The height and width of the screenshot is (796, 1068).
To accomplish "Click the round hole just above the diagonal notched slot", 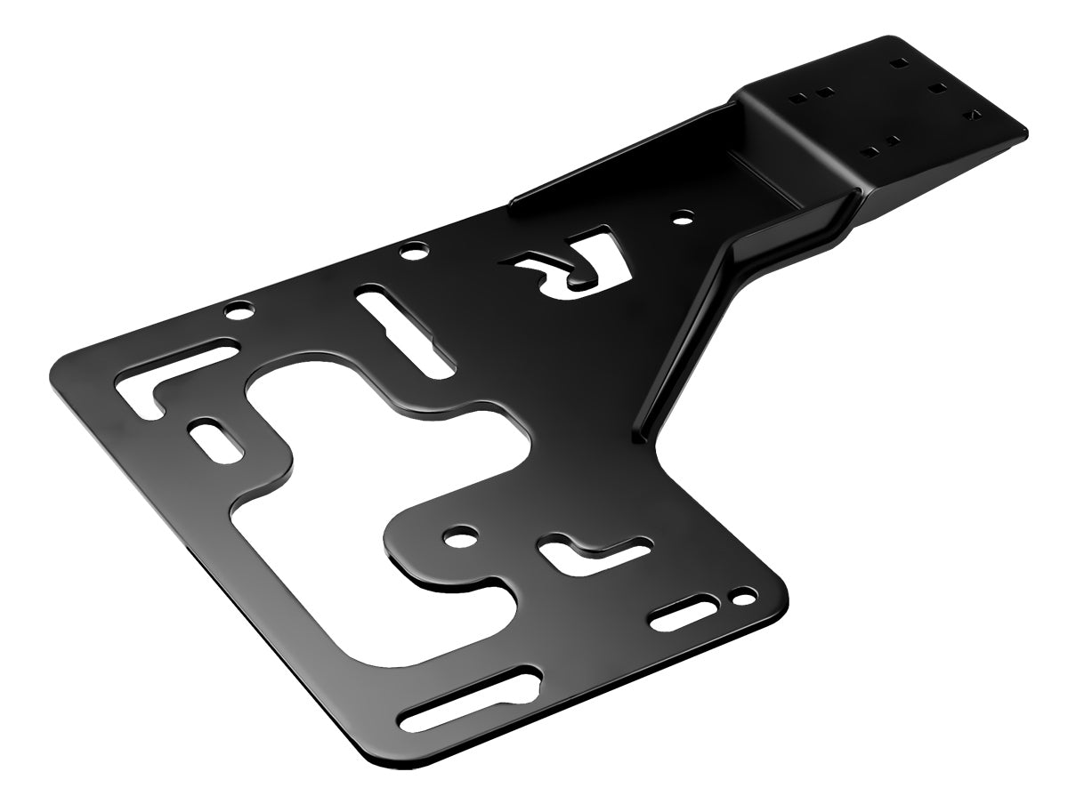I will (412, 253).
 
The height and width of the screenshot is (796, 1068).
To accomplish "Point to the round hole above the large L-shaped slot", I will (239, 312).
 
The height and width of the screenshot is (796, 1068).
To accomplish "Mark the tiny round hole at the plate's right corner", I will (739, 594).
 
